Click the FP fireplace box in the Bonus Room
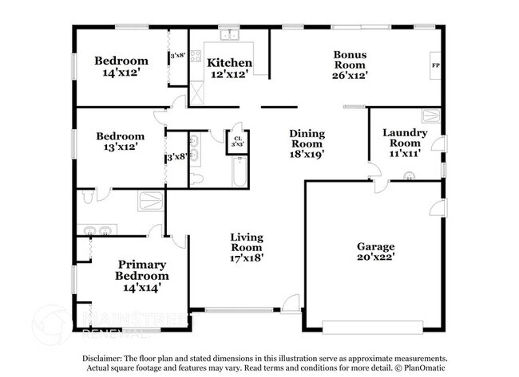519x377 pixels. pyautogui.click(x=436, y=65)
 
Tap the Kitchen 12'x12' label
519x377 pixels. pyautogui.click(x=229, y=68)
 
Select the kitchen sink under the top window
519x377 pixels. pyautogui.click(x=230, y=35)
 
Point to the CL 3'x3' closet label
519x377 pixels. pyautogui.click(x=237, y=143)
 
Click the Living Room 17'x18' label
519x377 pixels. pyautogui.click(x=246, y=247)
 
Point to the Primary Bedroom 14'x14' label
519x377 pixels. pyautogui.click(x=141, y=275)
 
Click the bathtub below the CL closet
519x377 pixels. pyautogui.click(x=237, y=172)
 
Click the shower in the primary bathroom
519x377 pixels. pyautogui.click(x=150, y=199)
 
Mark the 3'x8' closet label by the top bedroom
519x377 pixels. pyautogui.click(x=177, y=57)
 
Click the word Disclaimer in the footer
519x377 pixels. pyautogui.click(x=102, y=359)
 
